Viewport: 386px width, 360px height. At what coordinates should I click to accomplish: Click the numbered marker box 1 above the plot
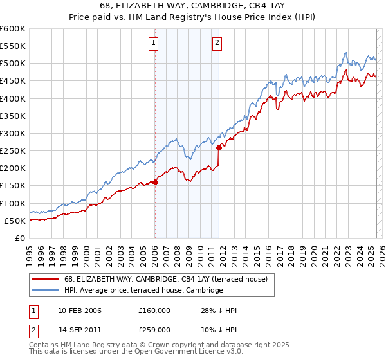coord(154,43)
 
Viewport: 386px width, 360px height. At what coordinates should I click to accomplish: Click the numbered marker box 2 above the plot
coord(217,43)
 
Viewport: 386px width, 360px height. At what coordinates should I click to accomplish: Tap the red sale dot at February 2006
coord(155,182)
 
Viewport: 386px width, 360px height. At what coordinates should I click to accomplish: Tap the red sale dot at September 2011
coord(219,147)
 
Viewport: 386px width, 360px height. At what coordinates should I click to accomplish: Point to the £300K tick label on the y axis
coord(12,133)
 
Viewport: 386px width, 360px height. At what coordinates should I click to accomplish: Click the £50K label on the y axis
coord(15,221)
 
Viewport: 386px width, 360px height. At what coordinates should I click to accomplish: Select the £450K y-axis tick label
coord(12,81)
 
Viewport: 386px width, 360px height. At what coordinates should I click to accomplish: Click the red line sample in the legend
coord(45,279)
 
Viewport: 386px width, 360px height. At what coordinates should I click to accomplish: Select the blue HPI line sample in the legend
coord(45,291)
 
